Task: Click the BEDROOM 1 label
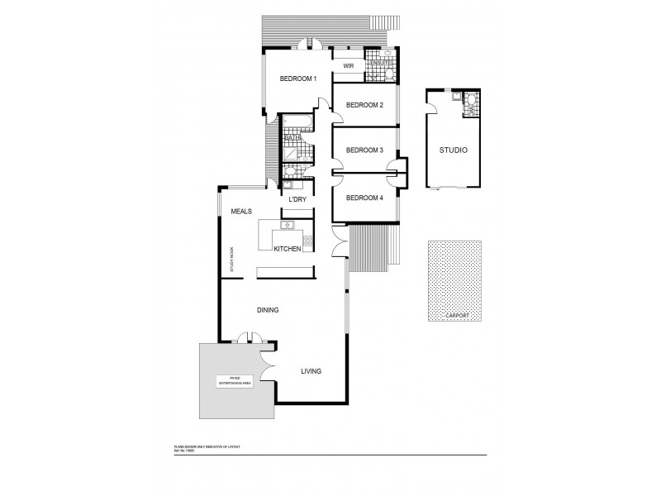pyautogui.click(x=298, y=79)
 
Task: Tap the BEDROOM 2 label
pyautogui.click(x=364, y=105)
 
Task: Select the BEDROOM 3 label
pyautogui.click(x=364, y=150)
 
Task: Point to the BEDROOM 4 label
pyautogui.click(x=364, y=198)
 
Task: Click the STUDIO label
pyautogui.click(x=454, y=150)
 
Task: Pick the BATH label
pyautogui.click(x=292, y=137)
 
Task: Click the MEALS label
pyautogui.click(x=241, y=212)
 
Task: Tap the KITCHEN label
pyautogui.click(x=287, y=248)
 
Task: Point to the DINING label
pyautogui.click(x=267, y=310)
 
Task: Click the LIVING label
pyautogui.click(x=311, y=370)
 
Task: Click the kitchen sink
pyautogui.click(x=288, y=225)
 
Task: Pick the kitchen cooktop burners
pyautogui.click(x=307, y=241)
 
